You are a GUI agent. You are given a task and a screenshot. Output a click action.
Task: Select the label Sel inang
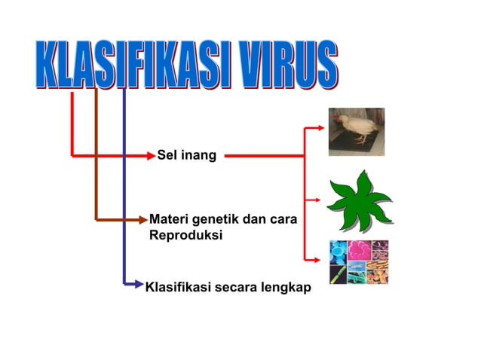(186, 156)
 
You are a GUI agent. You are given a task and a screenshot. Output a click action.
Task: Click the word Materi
(170, 220)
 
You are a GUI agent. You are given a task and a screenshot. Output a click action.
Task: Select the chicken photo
(356, 132)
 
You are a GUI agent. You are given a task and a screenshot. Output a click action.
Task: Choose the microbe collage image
(359, 262)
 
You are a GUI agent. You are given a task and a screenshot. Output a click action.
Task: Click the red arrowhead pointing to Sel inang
(150, 156)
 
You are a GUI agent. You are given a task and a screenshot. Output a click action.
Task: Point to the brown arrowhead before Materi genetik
(143, 220)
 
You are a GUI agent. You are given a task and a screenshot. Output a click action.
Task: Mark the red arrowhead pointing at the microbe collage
(322, 259)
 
